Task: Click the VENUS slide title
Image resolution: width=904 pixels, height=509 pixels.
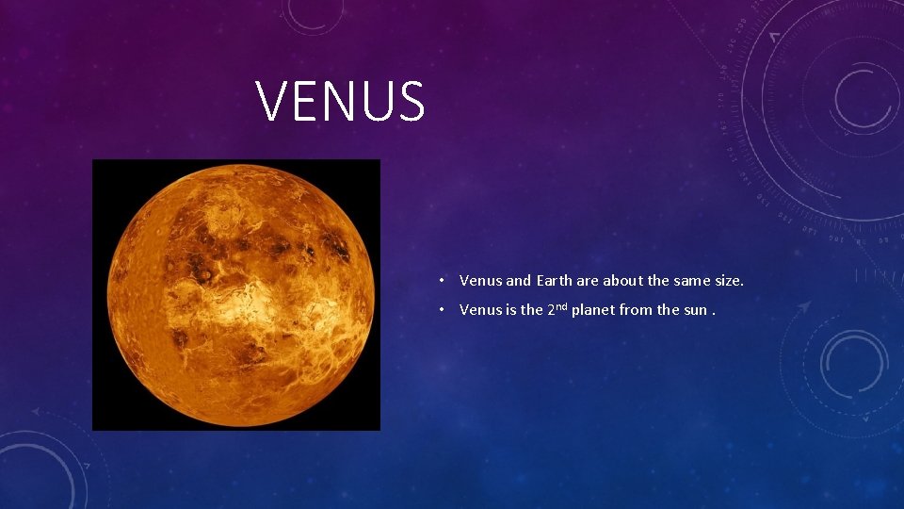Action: (341, 102)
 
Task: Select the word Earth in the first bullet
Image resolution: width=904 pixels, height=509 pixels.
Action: (556, 280)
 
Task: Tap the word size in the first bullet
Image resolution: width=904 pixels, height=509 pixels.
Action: (728, 280)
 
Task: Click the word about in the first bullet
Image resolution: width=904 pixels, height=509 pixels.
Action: (621, 280)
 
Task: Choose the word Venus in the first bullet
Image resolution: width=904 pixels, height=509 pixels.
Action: (480, 280)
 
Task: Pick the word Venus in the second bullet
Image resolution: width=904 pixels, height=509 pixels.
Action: (480, 310)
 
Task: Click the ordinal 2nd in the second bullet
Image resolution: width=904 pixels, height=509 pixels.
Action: (557, 308)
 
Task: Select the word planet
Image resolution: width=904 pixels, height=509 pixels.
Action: (595, 310)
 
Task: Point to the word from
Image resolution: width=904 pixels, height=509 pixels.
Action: (640, 310)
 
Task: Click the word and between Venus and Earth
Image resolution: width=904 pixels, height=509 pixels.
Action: (518, 280)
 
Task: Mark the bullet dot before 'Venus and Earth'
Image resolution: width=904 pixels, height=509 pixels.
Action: (441, 281)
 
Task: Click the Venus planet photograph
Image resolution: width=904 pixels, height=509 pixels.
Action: (235, 294)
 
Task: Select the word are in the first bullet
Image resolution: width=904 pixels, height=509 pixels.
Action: (587, 280)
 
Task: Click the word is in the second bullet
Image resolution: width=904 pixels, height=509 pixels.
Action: (512, 310)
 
